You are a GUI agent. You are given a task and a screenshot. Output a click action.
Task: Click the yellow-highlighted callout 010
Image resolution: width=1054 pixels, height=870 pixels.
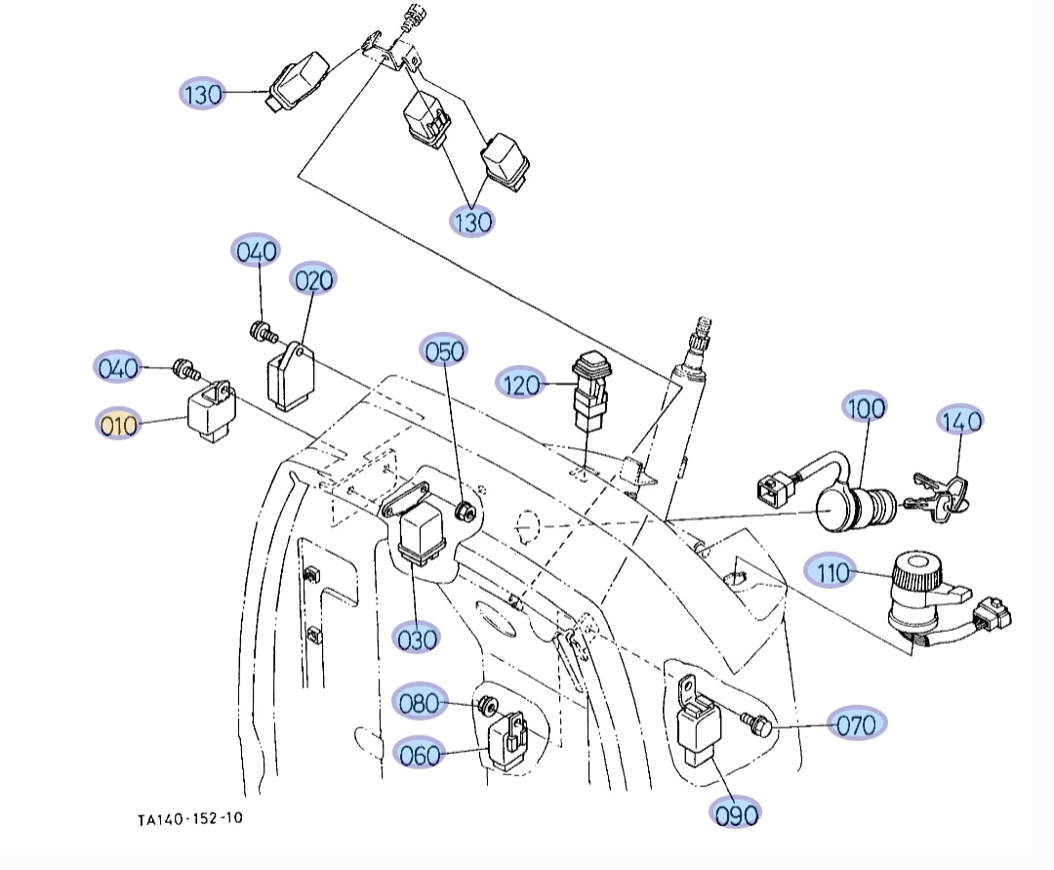[x=118, y=425]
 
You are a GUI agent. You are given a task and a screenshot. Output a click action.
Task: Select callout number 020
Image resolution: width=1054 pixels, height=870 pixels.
[x=313, y=280]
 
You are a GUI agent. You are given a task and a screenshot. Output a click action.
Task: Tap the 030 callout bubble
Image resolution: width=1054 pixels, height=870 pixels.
[x=417, y=639]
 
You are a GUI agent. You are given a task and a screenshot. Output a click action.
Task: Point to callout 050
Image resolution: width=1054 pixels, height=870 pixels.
[x=444, y=351]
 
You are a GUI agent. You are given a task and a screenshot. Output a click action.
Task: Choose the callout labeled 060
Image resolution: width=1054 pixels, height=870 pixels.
[x=421, y=754]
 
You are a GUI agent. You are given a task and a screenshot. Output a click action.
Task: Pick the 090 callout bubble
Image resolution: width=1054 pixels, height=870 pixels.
[x=736, y=813]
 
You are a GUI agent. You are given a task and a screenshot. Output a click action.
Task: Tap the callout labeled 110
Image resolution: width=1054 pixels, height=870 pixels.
[x=832, y=572]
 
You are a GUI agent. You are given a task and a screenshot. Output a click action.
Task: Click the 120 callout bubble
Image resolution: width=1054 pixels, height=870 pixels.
[x=521, y=385]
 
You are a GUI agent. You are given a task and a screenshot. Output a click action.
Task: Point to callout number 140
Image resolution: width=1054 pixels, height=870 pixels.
[x=960, y=421]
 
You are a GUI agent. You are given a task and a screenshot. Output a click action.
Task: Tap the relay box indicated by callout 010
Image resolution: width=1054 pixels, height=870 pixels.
[x=210, y=414]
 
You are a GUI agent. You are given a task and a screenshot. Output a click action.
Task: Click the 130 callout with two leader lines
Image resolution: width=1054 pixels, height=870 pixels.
[x=472, y=221]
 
